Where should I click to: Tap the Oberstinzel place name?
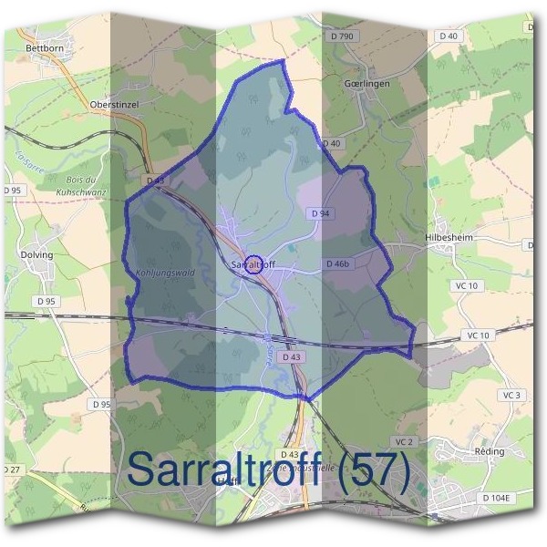pos(114,105)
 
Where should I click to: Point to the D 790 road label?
pos(341,36)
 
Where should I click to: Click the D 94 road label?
pos(319,212)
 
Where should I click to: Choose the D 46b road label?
pos(337,263)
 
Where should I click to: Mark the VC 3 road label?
pos(511,395)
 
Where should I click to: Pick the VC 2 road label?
pos(405,441)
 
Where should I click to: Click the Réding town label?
pos(490,452)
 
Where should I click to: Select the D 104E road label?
pos(499,498)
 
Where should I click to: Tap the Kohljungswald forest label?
pos(160,271)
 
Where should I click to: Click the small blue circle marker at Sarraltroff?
pos(255,264)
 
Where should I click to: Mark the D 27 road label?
pos(10,469)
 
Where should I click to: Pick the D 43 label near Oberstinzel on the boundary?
pos(156,181)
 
